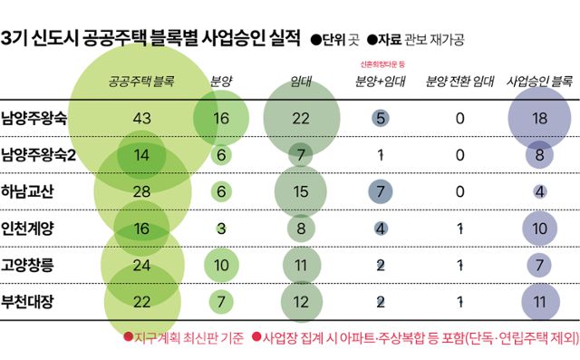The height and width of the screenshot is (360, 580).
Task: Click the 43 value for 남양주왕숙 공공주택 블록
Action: tap(141, 118)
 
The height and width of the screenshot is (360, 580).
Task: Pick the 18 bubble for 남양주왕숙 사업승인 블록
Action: tap(539, 118)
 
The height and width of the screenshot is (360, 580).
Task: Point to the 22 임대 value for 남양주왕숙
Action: tap(303, 118)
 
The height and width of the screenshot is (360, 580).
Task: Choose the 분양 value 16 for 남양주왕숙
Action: tap(221, 118)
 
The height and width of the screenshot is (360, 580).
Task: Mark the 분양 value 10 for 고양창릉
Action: tap(221, 264)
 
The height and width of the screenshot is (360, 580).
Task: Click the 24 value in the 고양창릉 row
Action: tap(141, 264)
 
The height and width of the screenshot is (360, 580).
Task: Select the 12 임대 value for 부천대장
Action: tap(303, 300)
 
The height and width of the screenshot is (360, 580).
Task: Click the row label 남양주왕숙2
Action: tap(51, 154)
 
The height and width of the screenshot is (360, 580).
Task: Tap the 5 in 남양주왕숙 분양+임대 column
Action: tap(381, 118)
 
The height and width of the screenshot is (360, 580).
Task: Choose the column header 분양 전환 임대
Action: tap(459, 82)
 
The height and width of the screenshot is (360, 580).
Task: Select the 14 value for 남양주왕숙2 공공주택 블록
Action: tap(141, 154)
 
